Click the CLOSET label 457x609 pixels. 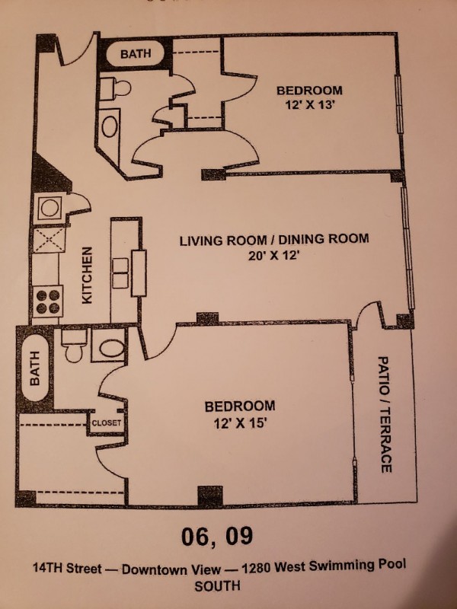107,423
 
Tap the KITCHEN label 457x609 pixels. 87,275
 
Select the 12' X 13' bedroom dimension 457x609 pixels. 310,105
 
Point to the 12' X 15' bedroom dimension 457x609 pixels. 240,423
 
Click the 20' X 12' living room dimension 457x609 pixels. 274,256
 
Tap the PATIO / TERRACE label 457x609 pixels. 385,414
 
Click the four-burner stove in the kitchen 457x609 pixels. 48,301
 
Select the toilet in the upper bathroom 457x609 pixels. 115,88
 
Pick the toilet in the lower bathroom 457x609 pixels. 73,345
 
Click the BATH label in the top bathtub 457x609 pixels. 136,53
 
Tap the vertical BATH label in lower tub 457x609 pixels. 34,368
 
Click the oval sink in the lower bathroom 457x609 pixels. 111,348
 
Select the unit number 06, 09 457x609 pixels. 217,537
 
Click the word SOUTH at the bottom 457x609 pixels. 217,586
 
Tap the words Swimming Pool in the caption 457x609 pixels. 356,565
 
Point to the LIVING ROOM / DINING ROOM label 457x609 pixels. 274,240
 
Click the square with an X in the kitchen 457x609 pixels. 49,240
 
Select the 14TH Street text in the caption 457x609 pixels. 67,569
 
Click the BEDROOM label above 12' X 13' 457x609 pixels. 310,91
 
